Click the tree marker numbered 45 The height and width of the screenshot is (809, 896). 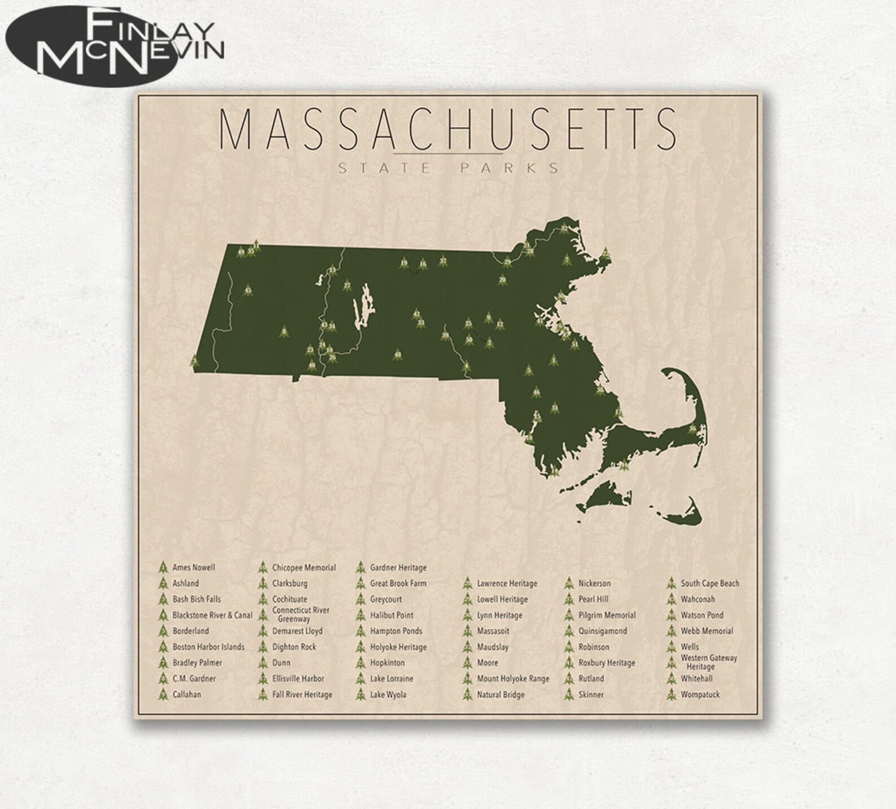(x=248, y=291)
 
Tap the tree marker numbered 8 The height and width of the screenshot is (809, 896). (x=284, y=332)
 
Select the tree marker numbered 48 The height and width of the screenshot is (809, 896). (x=398, y=354)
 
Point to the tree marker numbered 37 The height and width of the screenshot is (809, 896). (x=443, y=261)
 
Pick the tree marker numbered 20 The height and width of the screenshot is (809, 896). (x=503, y=279)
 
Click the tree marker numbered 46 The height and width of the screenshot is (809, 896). (x=536, y=392)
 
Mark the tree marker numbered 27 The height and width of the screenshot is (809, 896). (x=347, y=285)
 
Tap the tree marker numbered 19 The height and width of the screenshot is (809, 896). (x=404, y=263)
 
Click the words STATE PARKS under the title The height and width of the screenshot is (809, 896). (x=448, y=168)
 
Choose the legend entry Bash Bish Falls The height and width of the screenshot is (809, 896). (x=196, y=599)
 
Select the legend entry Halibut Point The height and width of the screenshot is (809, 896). (x=392, y=615)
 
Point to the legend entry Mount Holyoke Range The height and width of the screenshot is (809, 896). (x=513, y=679)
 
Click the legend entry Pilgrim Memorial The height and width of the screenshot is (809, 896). (x=607, y=615)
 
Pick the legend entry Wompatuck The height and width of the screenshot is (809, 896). (x=700, y=694)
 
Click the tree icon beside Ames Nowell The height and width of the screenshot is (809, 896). (x=163, y=568)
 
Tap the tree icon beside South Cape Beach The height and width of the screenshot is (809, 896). (x=671, y=583)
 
